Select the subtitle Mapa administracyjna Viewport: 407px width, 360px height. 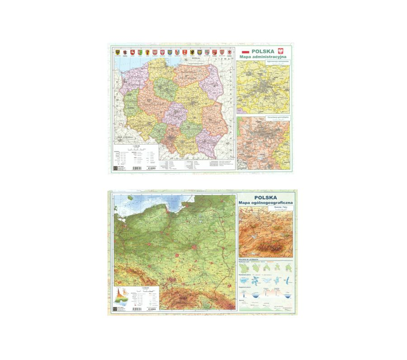[263, 57]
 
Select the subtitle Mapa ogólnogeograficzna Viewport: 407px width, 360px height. [266, 204]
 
